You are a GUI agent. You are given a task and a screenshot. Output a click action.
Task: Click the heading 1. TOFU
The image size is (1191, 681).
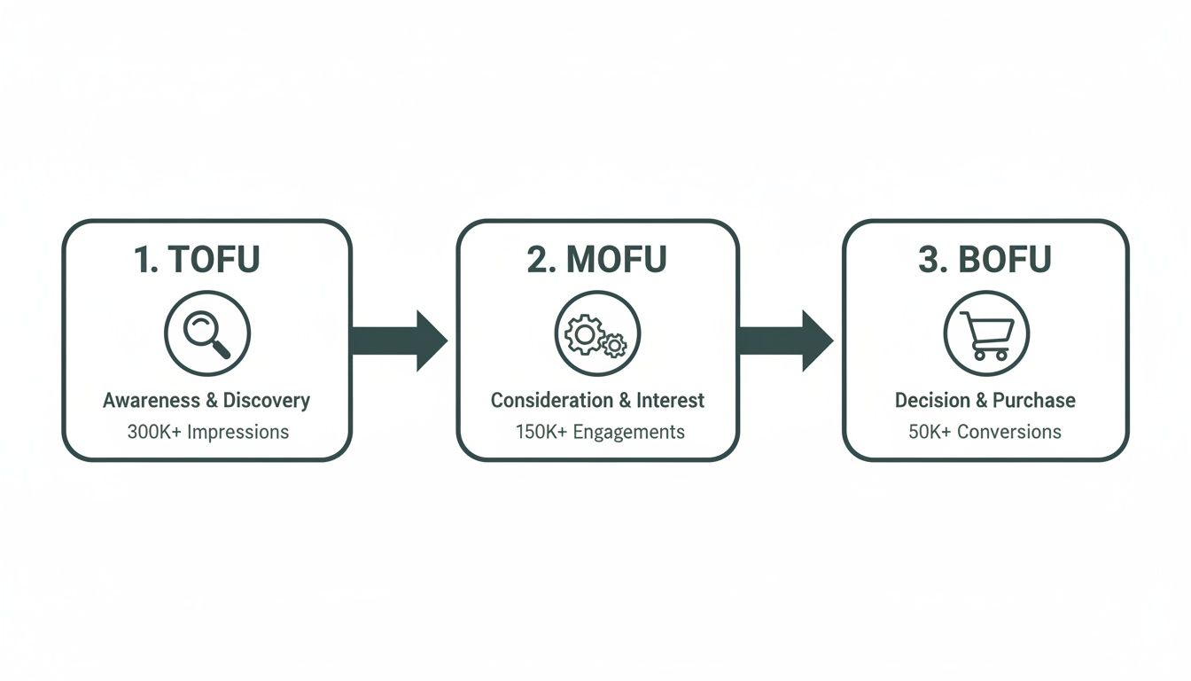197,259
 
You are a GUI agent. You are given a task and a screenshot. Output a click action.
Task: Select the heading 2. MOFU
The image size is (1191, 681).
596,259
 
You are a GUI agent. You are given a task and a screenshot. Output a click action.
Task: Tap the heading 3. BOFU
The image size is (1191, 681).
985,259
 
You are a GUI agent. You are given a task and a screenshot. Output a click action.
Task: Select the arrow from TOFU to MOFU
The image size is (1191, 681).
399,340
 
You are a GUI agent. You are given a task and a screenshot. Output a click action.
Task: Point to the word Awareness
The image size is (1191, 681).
152,401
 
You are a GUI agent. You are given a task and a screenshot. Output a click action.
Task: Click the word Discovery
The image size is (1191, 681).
266,401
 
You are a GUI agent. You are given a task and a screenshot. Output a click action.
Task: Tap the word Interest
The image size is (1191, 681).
670,401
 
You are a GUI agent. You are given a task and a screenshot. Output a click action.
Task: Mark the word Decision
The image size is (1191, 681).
932,401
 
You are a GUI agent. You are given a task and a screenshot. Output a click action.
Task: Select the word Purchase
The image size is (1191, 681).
1033,401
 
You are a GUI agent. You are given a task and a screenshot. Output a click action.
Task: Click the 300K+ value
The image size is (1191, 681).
153,433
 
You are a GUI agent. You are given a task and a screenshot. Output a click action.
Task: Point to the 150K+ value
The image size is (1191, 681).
541,433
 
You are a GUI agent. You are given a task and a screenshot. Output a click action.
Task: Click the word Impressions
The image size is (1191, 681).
237,433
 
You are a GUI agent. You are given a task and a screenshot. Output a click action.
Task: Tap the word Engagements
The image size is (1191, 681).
628,433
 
